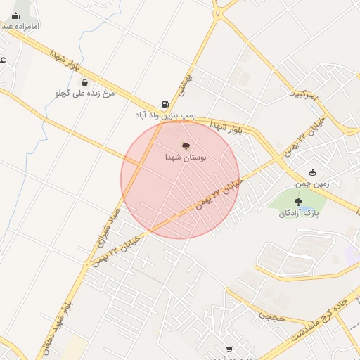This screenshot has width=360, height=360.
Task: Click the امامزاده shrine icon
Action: tap(16, 15)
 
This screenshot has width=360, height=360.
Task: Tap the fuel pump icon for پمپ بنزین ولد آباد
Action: tap(165, 103)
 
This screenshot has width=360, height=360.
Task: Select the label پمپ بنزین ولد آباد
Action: tap(165, 113)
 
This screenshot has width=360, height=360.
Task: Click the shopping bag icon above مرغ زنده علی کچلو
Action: tap(84, 82)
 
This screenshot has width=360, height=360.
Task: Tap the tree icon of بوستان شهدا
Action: tap(186, 146)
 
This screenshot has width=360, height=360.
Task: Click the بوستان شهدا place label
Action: tap(186, 157)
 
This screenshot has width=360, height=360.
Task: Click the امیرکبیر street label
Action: tap(305, 94)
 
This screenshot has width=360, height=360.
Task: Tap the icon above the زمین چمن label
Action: tap(312, 172)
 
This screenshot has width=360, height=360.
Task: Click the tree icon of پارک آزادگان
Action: tap(298, 202)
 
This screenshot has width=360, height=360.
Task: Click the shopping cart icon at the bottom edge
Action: tap(229, 349)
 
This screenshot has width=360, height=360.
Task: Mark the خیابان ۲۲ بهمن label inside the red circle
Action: tap(219, 195)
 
